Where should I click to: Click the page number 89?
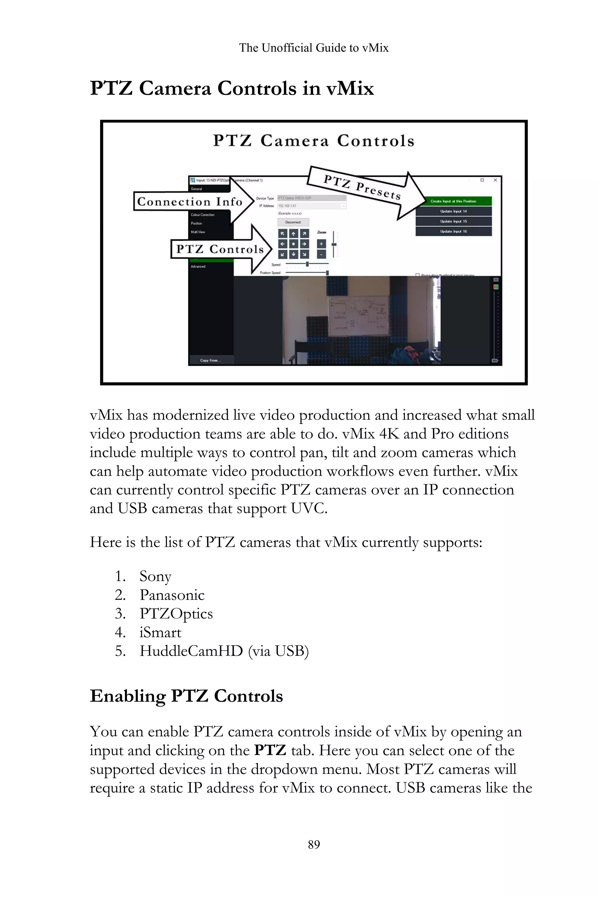(314, 844)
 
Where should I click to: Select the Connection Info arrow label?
(190, 202)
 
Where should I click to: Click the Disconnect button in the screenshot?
(293, 222)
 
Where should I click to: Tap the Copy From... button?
(211, 360)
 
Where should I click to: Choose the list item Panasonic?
(172, 595)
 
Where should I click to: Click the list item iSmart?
(160, 632)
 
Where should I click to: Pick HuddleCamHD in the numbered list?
(191, 651)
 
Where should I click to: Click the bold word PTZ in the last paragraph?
(270, 750)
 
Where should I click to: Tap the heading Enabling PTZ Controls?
(186, 696)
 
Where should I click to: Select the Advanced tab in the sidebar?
(198, 267)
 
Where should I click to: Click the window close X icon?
(495, 180)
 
